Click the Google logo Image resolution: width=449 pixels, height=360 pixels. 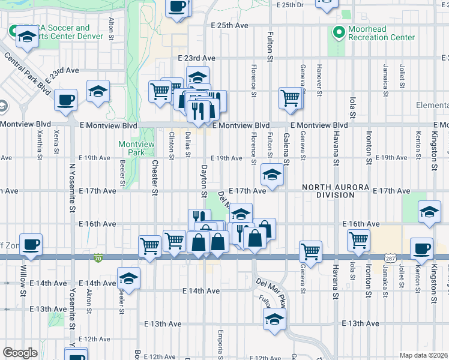(20, 353)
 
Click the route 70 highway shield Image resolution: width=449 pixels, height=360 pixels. (98, 258)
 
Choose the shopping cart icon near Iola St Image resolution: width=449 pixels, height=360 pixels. (358, 239)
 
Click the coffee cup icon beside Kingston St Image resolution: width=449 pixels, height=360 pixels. (421, 248)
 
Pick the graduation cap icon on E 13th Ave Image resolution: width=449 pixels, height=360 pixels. (274, 319)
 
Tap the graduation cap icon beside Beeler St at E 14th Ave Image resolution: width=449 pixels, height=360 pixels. (128, 278)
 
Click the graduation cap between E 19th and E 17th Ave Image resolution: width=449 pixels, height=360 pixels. (272, 175)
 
